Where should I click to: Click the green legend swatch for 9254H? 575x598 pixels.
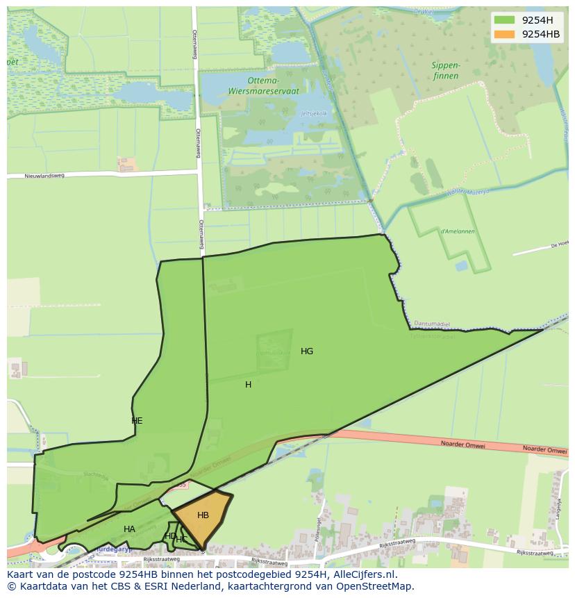[x=504, y=19]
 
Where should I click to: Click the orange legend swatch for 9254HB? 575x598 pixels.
[x=504, y=34]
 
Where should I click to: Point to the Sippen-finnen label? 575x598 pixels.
[x=445, y=70]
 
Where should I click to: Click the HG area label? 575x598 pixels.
[x=307, y=351]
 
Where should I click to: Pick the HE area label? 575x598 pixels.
[x=137, y=421]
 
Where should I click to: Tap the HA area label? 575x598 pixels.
[x=129, y=529]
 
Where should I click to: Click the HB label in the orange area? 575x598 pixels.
[x=203, y=515]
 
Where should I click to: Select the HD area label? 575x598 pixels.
[x=169, y=535]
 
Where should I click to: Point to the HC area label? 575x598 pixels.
[x=181, y=540]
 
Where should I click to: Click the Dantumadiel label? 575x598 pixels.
[x=433, y=324]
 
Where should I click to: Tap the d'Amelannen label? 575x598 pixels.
[x=457, y=231]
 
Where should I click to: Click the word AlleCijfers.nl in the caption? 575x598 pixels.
[x=365, y=574]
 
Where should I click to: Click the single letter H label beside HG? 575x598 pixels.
[x=248, y=385]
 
